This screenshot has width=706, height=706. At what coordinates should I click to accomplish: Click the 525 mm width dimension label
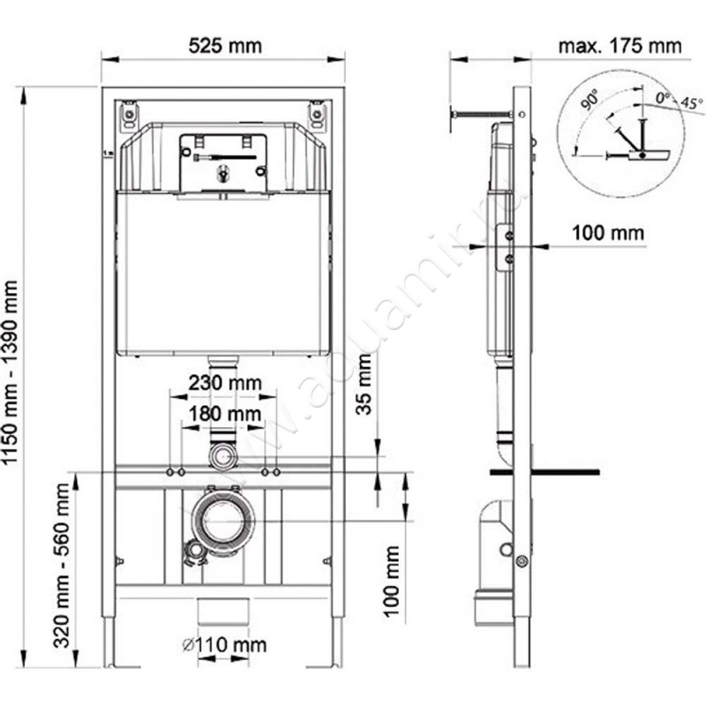222,45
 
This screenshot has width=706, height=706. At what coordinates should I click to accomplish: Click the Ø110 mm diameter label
222,645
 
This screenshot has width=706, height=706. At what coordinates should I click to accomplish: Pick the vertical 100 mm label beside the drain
392,582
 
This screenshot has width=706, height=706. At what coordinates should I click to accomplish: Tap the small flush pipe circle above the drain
222,456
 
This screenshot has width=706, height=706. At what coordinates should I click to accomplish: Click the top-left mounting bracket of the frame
130,115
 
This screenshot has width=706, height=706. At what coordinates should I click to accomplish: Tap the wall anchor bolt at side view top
481,113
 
